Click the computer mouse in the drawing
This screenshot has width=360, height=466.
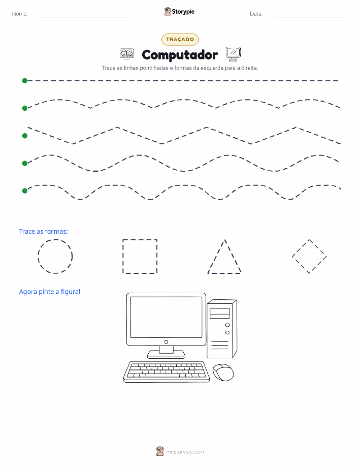point(223,372)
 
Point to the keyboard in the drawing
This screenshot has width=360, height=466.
point(167,372)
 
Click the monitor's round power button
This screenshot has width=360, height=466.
point(167,342)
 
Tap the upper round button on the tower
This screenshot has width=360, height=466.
point(227,325)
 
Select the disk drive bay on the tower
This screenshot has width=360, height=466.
point(220,313)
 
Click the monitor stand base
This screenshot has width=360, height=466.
point(167,354)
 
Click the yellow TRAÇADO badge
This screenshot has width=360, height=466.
point(180,40)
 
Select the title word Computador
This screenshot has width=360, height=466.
point(180,55)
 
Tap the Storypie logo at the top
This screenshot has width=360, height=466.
point(179,12)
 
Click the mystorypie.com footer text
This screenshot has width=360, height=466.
point(185,452)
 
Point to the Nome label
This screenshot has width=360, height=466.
point(20,14)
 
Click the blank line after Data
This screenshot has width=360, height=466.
point(311,17)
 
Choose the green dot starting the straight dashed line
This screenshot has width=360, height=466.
point(25,80)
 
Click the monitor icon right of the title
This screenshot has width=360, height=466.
point(233,54)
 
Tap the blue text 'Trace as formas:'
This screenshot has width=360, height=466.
point(43,231)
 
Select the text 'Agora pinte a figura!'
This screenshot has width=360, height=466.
point(50,292)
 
